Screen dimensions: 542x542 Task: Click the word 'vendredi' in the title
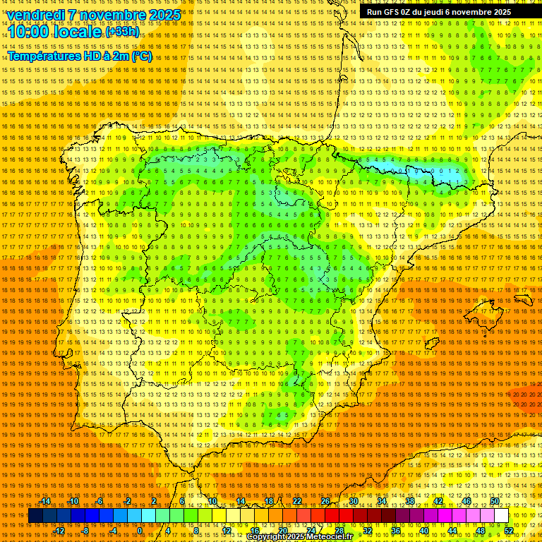click(x=35, y=15)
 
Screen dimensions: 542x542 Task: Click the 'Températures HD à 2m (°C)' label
click(x=80, y=56)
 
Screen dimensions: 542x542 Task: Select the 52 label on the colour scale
click(x=509, y=531)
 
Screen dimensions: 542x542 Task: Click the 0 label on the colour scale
click(x=140, y=531)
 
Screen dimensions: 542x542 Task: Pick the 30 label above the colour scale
click(x=354, y=501)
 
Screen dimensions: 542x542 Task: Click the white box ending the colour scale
click(x=501, y=516)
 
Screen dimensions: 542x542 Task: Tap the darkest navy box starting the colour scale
click(x=35, y=516)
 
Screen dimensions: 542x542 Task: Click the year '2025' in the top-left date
click(x=160, y=15)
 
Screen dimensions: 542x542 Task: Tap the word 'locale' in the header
click(x=78, y=32)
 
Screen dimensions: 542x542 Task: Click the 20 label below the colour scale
click(x=282, y=531)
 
